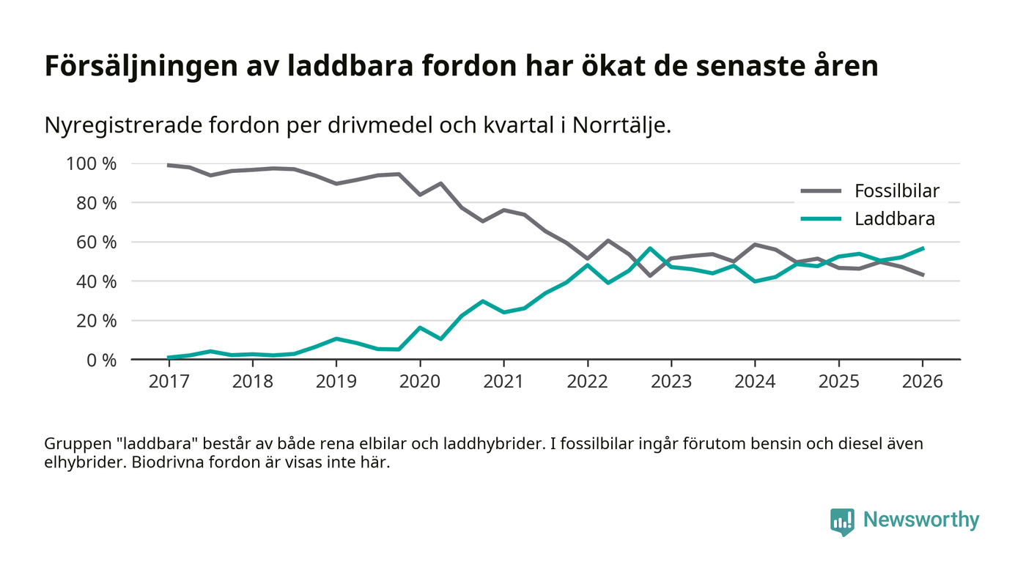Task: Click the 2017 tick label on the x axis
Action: (x=169, y=382)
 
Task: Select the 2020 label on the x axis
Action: (x=420, y=382)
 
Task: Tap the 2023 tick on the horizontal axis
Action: (x=671, y=382)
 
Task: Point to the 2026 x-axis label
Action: (x=923, y=382)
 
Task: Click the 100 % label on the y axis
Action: (x=91, y=163)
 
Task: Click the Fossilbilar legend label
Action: (x=896, y=192)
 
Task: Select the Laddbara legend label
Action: (x=894, y=218)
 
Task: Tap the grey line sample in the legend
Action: (x=821, y=192)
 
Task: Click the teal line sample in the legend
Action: (x=821, y=218)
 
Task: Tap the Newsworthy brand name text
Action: (x=920, y=520)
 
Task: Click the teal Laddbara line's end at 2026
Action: (x=923, y=248)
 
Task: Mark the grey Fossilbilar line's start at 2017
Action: (x=169, y=165)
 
